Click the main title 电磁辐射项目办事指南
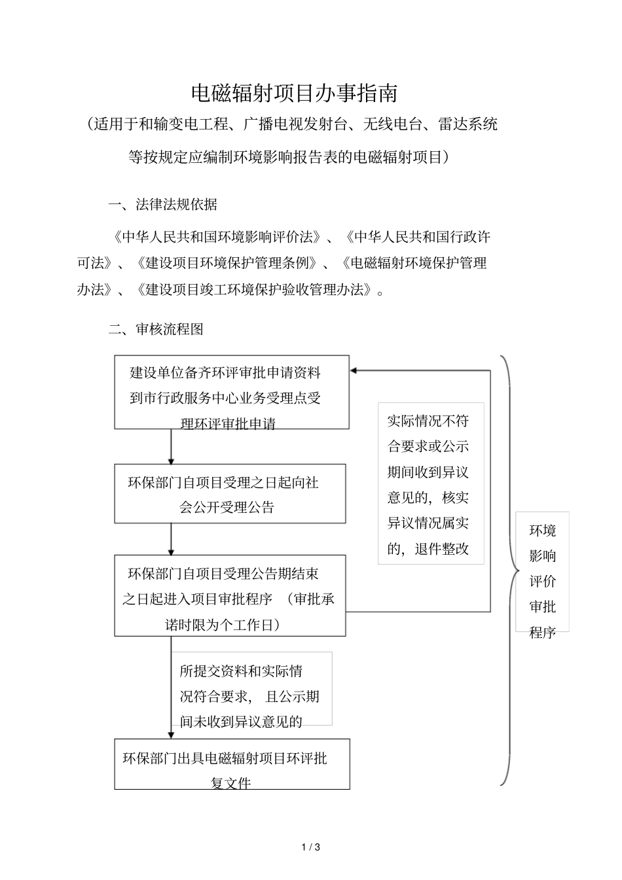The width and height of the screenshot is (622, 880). coord(294,94)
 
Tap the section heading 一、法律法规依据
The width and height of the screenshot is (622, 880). coord(162,205)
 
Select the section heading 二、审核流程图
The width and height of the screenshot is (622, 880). coord(156,329)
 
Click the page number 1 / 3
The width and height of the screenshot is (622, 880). coord(310,847)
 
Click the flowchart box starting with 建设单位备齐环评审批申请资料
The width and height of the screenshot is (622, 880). coord(232,393)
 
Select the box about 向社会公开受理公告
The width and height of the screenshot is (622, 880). coord(230,494)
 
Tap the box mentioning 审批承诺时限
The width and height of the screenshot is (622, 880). coord(230,595)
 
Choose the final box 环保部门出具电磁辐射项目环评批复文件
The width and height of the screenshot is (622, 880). coord(232,764)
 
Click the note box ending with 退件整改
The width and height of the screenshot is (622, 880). coord(430,484)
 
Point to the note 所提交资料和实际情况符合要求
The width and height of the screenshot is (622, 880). coord(251,688)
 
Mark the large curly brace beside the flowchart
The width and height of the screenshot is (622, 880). coord(508,569)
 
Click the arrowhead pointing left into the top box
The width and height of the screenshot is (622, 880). coord(354,371)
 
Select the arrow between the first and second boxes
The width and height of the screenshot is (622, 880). coord(172,447)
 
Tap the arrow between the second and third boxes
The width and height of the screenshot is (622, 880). coord(172,539)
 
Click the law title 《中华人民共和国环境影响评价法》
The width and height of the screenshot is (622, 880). coord(217,237)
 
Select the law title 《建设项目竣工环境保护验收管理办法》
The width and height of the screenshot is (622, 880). coord(255,289)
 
